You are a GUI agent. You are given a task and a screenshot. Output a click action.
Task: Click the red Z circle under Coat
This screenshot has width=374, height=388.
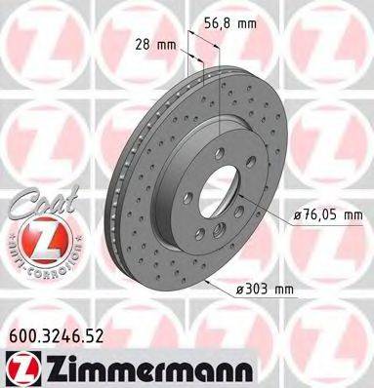[34, 236]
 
